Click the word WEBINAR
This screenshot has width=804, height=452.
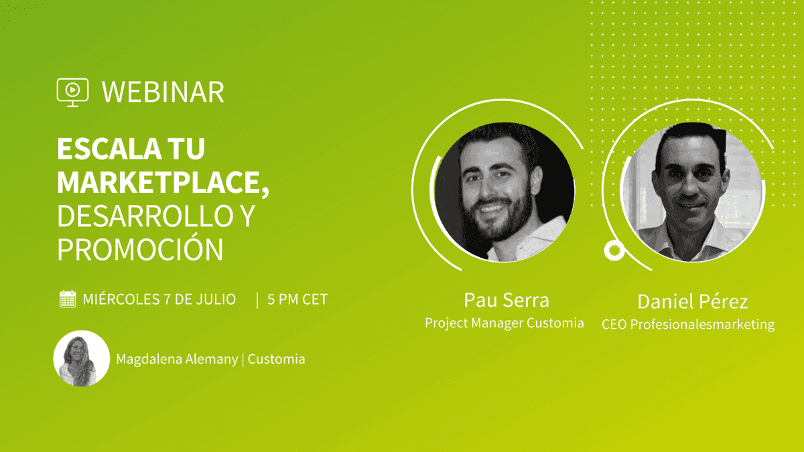point(163,92)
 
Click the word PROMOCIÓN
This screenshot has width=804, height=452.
point(140,249)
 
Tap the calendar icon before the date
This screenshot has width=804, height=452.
point(68,299)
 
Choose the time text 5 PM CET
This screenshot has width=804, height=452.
point(297,299)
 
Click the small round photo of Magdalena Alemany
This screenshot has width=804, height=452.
point(81,359)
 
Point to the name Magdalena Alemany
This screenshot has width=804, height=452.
point(177,359)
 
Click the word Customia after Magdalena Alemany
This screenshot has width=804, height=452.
point(277,359)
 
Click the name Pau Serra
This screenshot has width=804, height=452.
point(506,299)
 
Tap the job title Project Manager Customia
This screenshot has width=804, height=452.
point(505,323)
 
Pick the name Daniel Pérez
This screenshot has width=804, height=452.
point(692,301)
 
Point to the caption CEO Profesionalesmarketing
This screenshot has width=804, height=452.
point(688,325)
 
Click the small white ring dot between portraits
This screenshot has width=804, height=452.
point(614,250)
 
